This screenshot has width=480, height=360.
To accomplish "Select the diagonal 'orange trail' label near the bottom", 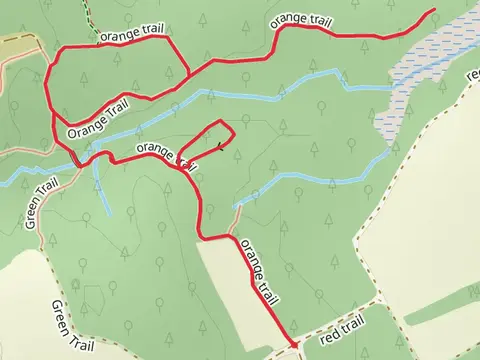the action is tap(258, 271).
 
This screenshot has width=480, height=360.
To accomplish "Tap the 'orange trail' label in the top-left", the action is tap(131, 35).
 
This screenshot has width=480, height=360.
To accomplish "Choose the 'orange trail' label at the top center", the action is tap(301, 20).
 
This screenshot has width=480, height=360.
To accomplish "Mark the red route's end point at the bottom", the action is tap(294, 346).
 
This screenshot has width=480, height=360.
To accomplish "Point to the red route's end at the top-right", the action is tap(435, 10).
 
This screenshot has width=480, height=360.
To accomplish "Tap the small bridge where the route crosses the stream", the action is tap(78, 160).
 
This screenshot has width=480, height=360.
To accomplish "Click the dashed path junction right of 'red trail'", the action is tap(382, 300).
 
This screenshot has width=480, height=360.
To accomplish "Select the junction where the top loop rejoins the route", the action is tap(190, 77).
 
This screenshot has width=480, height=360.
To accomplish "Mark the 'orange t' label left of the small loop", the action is tap(160, 152).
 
